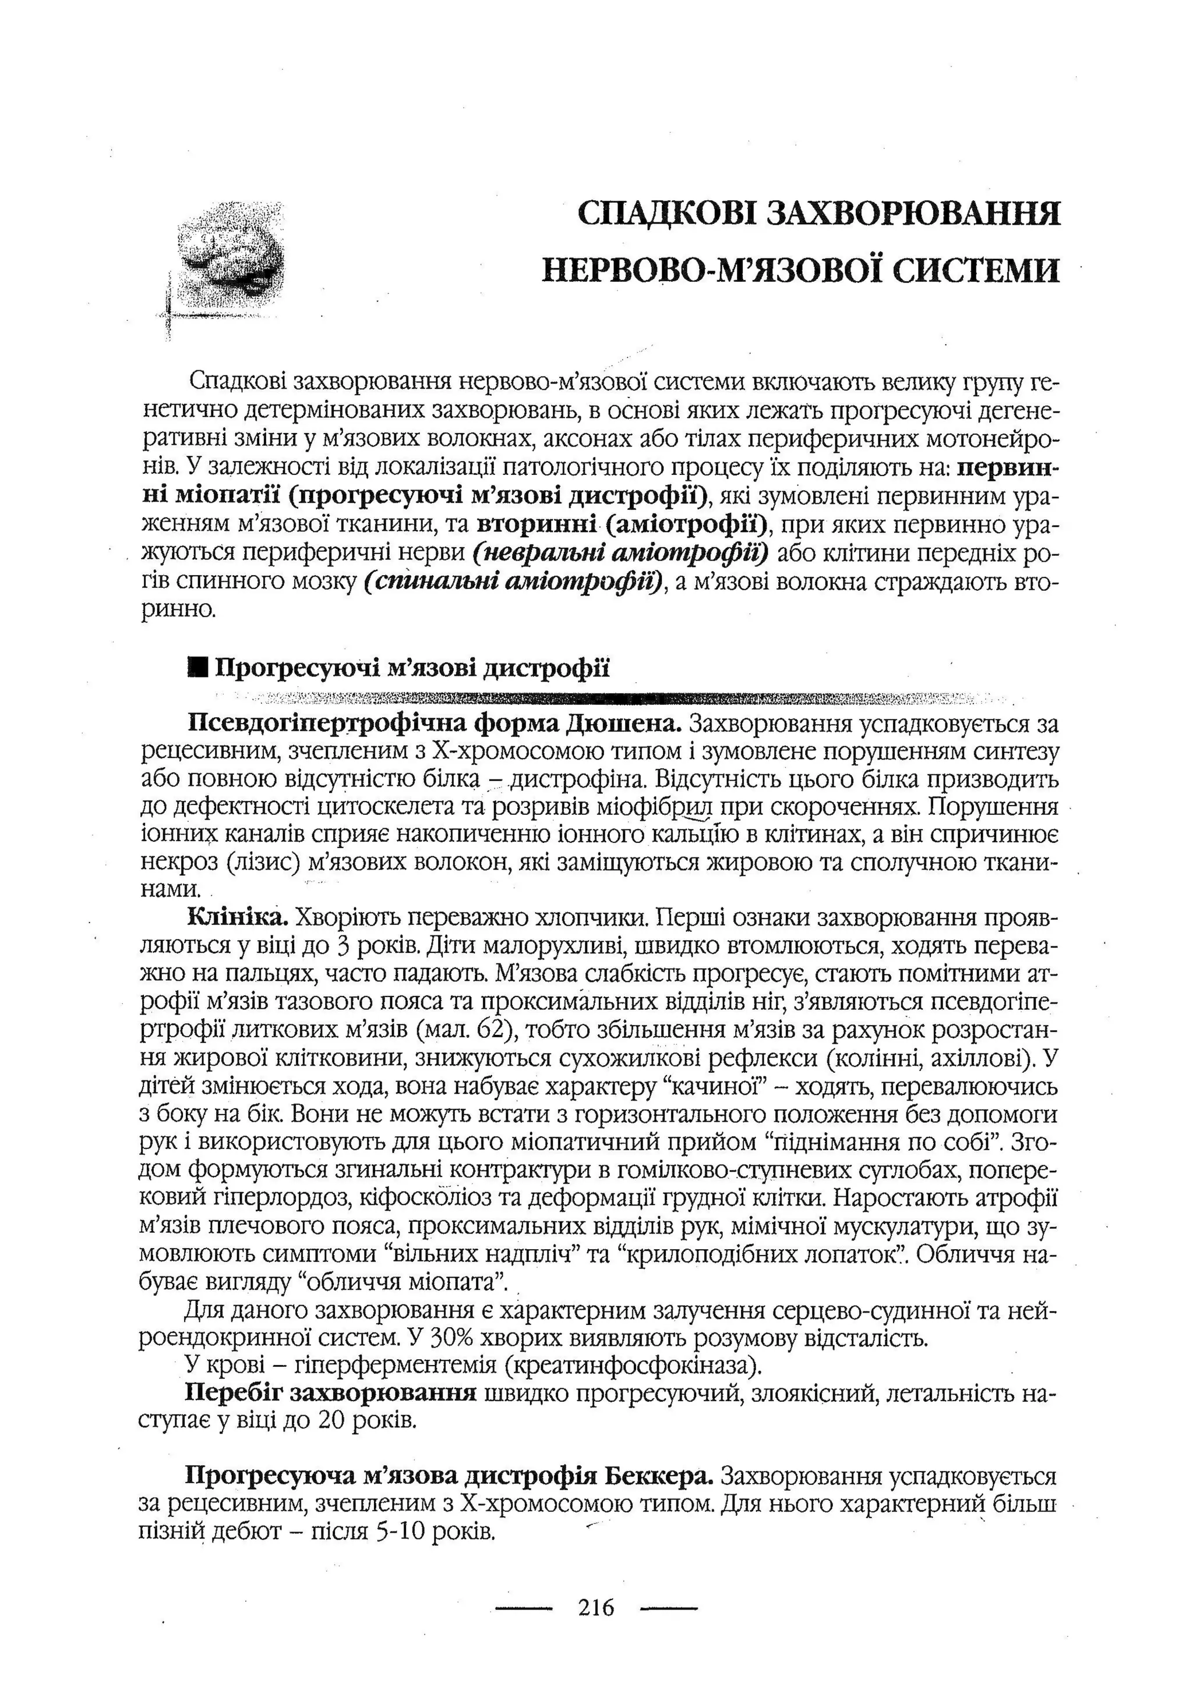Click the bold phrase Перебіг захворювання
click(x=330, y=1394)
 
